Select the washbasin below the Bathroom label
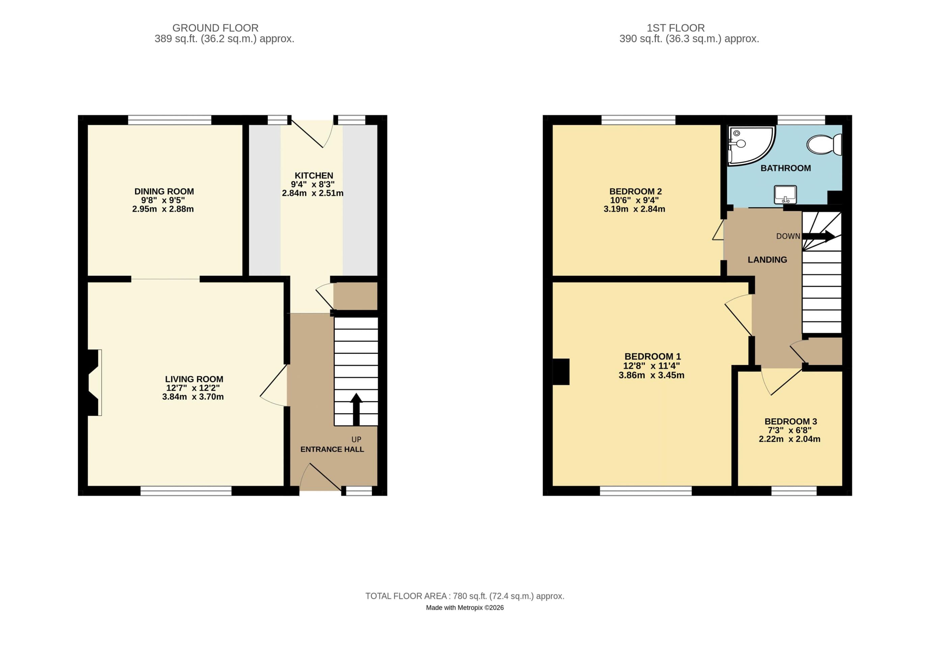click(x=785, y=194)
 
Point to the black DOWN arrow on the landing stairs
click(x=818, y=236)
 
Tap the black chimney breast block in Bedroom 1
click(x=561, y=372)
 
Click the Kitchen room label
click(x=314, y=175)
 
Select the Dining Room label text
click(x=164, y=191)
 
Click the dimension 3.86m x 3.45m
click(x=651, y=375)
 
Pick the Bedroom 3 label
click(x=790, y=422)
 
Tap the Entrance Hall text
click(x=332, y=449)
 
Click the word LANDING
click(x=767, y=260)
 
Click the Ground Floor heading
click(x=215, y=28)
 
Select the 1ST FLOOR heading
click(x=675, y=28)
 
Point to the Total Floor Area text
click(x=464, y=596)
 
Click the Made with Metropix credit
click(x=464, y=607)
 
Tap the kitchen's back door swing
click(x=312, y=134)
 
